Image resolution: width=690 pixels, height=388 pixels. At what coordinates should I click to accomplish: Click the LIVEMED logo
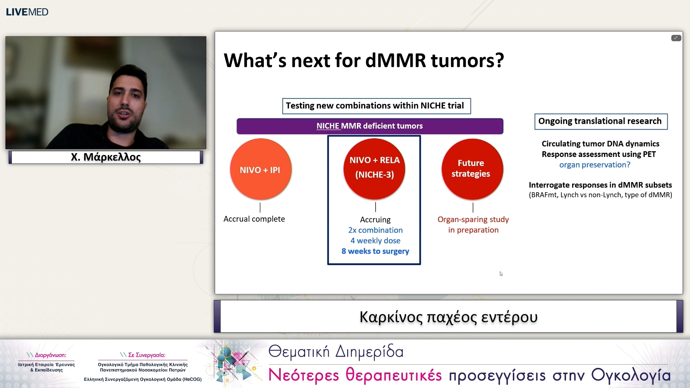(27, 12)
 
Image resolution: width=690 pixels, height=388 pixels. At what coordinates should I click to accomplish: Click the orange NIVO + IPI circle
(261, 169)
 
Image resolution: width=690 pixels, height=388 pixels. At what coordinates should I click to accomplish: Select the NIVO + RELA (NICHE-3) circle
(374, 169)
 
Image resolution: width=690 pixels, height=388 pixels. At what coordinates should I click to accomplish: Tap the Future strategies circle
(472, 169)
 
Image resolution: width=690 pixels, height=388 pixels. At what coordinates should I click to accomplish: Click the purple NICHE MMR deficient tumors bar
(370, 126)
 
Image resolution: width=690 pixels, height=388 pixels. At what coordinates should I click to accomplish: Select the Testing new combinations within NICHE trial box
(376, 106)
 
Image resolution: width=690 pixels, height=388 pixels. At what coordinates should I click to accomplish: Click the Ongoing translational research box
(601, 121)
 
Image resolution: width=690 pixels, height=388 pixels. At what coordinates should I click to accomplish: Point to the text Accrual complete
(254, 219)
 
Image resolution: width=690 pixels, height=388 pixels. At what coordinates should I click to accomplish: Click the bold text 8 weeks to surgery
(375, 251)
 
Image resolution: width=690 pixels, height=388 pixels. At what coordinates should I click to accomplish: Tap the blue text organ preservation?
(595, 165)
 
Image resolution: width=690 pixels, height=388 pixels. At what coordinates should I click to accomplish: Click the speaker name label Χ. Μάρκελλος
(106, 157)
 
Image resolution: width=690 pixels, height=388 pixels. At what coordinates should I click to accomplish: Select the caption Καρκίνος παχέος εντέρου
(448, 317)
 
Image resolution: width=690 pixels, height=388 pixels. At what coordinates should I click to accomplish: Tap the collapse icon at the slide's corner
(676, 38)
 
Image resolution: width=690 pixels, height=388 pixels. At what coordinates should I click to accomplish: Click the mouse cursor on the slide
(501, 274)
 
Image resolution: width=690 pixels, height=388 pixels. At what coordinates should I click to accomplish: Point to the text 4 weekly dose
(375, 241)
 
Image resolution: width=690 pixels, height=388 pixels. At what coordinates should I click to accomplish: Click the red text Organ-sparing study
(473, 219)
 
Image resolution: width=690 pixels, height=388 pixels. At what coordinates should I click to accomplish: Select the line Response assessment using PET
(599, 154)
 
